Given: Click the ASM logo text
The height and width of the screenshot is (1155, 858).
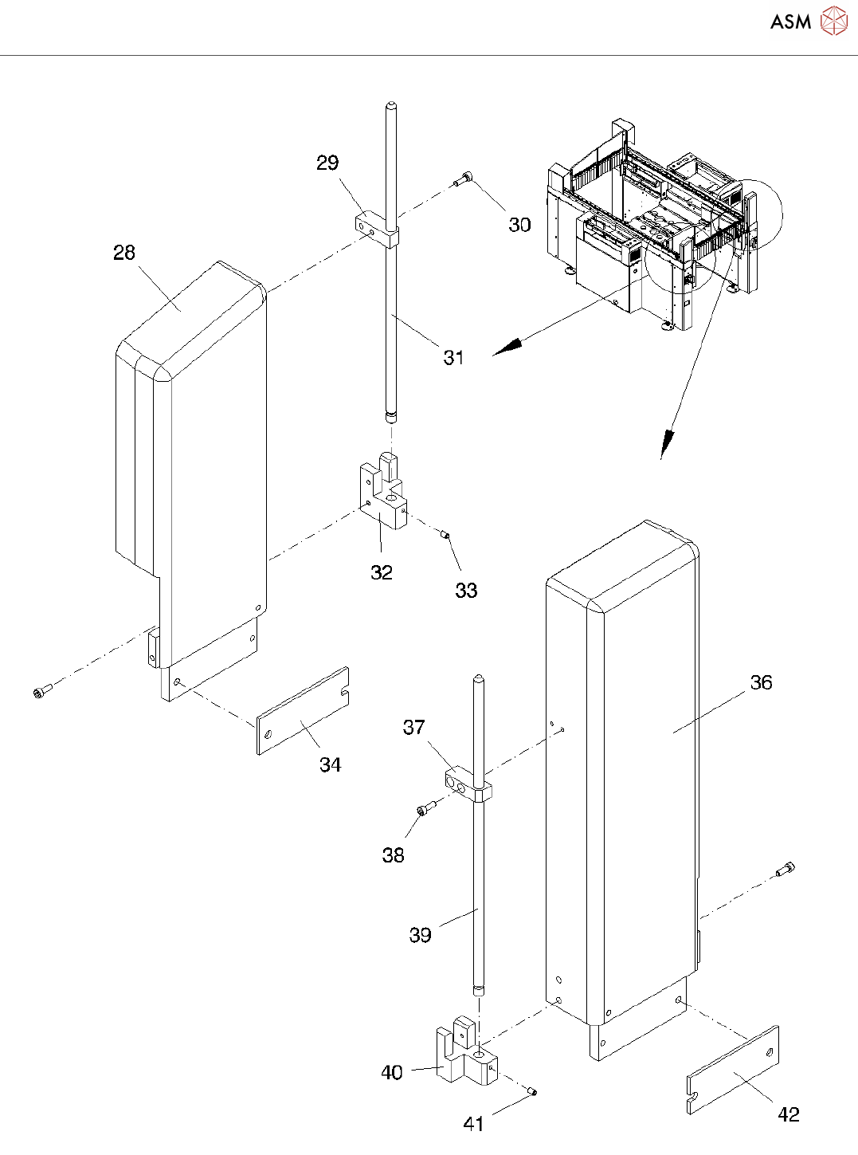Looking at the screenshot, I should (x=790, y=22).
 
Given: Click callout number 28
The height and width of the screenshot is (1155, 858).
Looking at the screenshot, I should (x=124, y=253).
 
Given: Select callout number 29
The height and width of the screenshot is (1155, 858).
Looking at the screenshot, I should (x=327, y=163).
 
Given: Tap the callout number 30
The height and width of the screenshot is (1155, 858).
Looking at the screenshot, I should (x=519, y=226).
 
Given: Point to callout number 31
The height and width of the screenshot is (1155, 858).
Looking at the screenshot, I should (x=453, y=358).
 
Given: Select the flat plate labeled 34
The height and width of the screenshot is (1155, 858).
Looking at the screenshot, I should (x=304, y=711).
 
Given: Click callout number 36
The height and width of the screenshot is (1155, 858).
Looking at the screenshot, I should (x=761, y=683).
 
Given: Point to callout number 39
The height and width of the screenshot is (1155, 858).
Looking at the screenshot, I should (x=420, y=935).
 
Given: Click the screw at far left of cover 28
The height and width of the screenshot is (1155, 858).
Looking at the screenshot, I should (x=42, y=691).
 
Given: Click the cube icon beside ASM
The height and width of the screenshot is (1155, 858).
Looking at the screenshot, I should (x=834, y=22).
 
